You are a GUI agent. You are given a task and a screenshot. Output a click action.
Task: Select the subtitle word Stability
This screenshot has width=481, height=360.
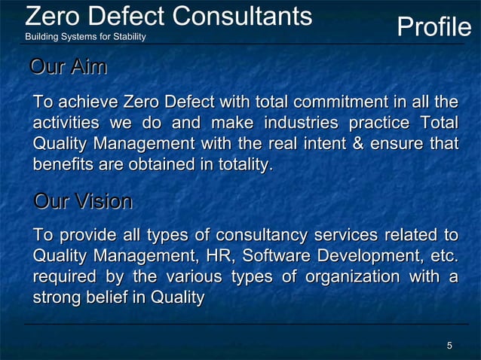pos(130,38)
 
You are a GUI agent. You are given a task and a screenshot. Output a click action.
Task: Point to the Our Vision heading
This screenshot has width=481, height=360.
pos(83,202)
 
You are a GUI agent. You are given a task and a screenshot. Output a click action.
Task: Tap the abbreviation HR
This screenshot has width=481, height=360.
pos(220,257)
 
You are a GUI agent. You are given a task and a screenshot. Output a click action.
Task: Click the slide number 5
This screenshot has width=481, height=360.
pos(449,346)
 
